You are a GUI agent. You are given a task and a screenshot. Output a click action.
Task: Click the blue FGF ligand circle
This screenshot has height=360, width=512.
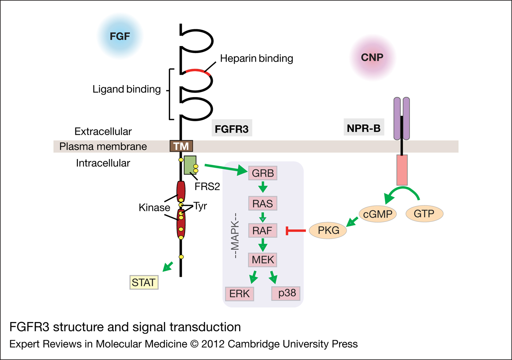click(120, 36)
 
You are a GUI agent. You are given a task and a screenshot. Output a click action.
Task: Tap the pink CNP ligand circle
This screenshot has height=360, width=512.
click(372, 57)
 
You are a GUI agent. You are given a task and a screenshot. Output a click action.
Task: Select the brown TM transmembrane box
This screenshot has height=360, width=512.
click(181, 146)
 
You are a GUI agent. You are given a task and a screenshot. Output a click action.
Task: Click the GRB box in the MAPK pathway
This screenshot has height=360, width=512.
click(263, 173)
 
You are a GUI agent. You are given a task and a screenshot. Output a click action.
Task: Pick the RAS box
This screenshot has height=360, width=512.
click(263, 203)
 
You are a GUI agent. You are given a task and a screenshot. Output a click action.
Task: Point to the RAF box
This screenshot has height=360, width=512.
click(263, 231)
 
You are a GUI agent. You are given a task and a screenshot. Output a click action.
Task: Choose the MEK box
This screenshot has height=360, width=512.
click(263, 259)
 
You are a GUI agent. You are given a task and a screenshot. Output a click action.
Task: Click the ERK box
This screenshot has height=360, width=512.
click(240, 293)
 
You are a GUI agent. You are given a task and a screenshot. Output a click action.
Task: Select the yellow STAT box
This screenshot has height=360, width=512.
click(144, 283)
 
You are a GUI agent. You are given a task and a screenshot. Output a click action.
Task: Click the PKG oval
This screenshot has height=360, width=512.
click(328, 230)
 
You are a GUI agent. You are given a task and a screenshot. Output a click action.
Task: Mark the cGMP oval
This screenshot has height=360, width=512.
click(378, 214)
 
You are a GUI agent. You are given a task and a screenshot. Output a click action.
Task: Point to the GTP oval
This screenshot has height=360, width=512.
click(424, 213)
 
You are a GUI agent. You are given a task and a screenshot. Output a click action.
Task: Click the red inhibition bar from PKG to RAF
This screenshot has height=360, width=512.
click(296, 231)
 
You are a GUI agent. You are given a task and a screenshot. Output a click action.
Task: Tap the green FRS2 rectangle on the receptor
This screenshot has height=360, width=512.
click(190, 165)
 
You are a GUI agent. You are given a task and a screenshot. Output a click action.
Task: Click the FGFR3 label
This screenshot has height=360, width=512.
click(231, 129)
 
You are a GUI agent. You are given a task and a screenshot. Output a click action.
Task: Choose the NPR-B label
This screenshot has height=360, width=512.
click(364, 128)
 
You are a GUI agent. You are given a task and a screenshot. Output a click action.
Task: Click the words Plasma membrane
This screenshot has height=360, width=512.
click(103, 147)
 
